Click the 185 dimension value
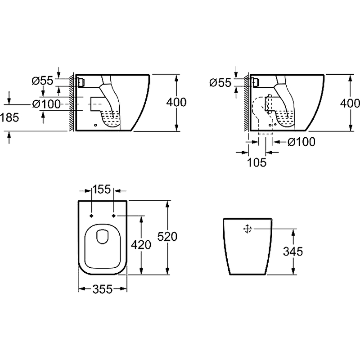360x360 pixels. point(9,118)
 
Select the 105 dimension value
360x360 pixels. point(257,162)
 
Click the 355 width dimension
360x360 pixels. point(103,290)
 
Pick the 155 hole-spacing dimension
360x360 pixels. point(102,190)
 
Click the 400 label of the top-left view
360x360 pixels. point(176,102)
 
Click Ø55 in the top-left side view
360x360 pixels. point(43,81)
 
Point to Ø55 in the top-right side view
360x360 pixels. point(220,82)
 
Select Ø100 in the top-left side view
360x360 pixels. point(47,104)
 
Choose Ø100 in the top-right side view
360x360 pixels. point(301,142)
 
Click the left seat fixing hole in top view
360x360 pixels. point(92,216)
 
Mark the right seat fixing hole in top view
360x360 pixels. point(113,216)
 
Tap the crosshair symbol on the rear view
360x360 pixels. point(247,229)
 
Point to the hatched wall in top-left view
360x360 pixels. point(72,103)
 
